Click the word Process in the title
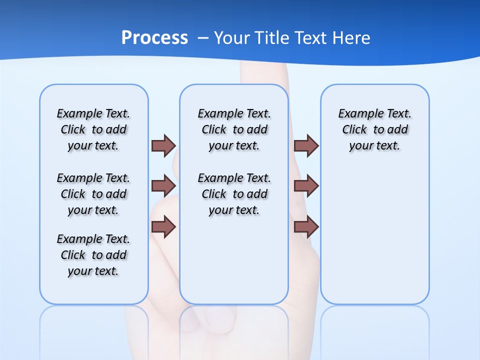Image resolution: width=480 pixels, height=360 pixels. coord(154,38)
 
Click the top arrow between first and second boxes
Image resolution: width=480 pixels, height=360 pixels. coord(163,145)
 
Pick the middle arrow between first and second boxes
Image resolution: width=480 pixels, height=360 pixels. coord(163,186)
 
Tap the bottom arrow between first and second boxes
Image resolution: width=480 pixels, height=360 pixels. coord(163,227)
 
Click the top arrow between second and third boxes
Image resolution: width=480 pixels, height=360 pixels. coord(306,145)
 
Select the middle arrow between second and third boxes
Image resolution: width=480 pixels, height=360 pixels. coord(306,186)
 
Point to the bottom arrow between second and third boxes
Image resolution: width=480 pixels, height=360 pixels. coord(306,227)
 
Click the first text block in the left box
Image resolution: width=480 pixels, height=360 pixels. coord(93,129)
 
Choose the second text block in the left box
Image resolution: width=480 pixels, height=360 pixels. coord(93,194)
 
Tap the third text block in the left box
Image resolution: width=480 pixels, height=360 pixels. coord(93,255)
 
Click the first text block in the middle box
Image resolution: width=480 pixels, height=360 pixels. coord(234,129)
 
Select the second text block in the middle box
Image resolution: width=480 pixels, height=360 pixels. coord(234,194)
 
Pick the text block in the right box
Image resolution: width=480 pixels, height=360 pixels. coord(374,129)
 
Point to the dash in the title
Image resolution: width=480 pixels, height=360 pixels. coord(203,38)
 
